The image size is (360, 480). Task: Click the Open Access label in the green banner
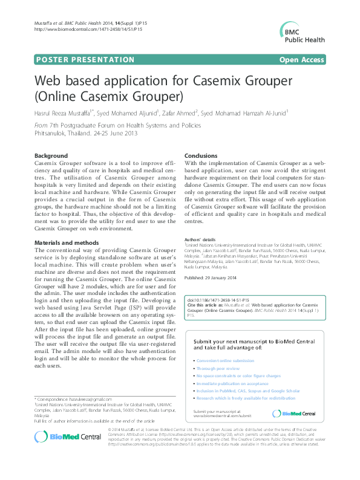(301, 59)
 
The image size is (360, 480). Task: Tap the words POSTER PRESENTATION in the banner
(77, 59)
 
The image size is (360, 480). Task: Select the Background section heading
(51, 155)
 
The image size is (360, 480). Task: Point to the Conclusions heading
(201, 155)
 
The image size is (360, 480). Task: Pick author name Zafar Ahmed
(179, 112)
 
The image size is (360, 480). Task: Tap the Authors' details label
(200, 239)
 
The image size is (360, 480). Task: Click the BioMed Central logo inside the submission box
(294, 414)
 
